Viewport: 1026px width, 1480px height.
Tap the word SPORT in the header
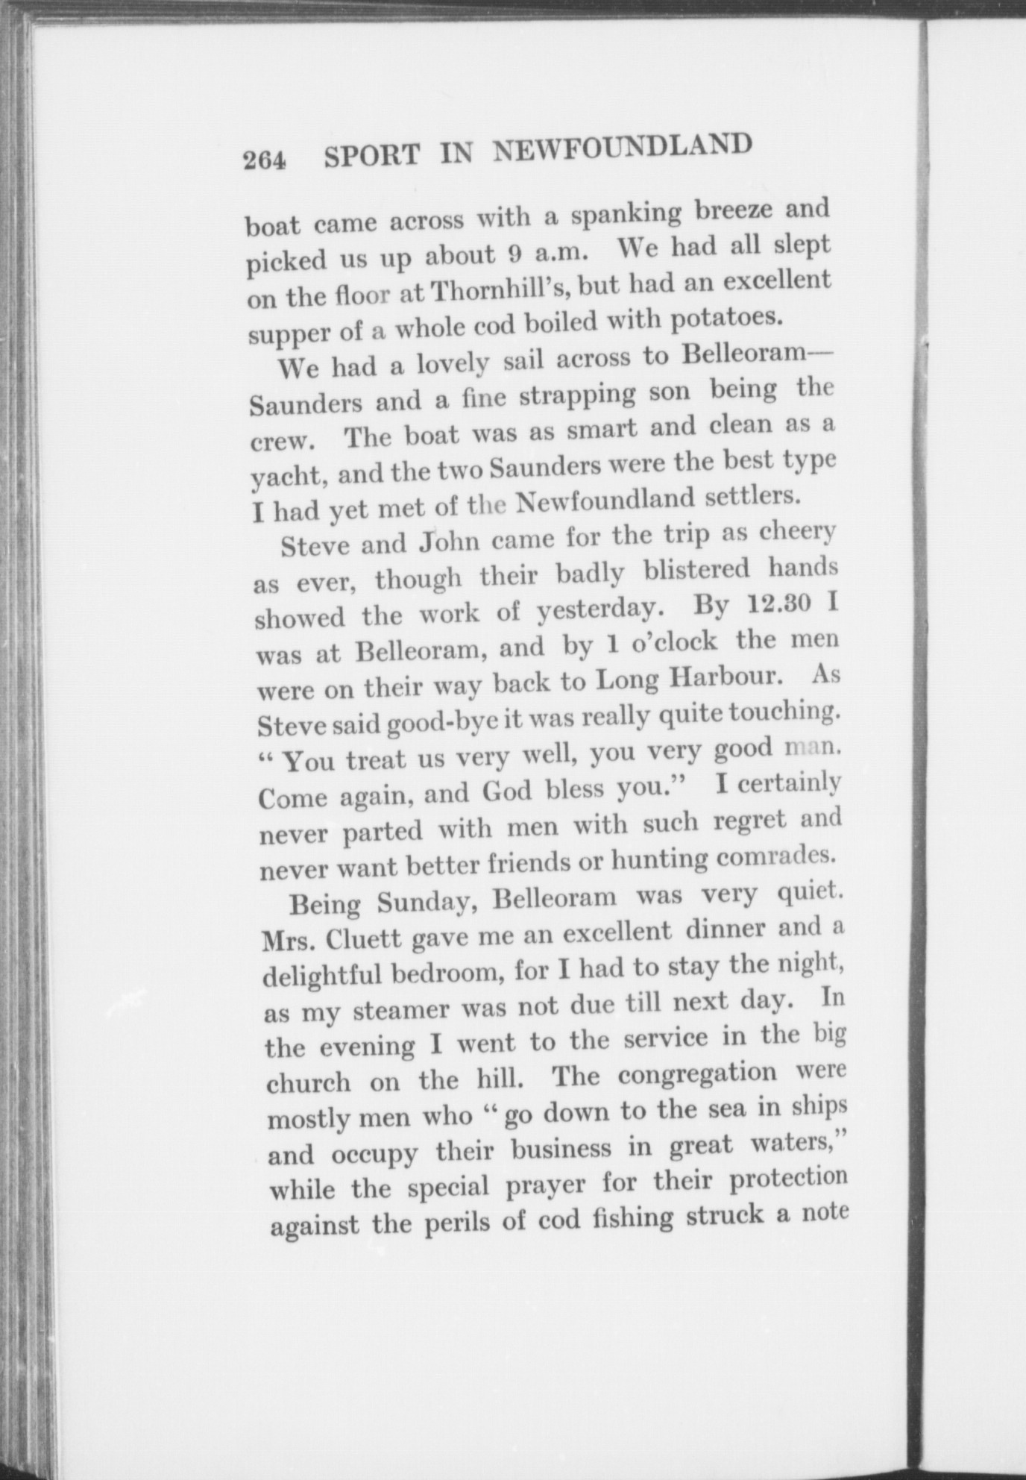pyautogui.click(x=372, y=156)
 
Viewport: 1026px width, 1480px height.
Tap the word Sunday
pyautogui.click(x=427, y=902)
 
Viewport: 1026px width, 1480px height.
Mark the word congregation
pyautogui.click(x=697, y=1073)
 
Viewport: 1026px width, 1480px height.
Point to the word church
pyautogui.click(x=308, y=1082)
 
